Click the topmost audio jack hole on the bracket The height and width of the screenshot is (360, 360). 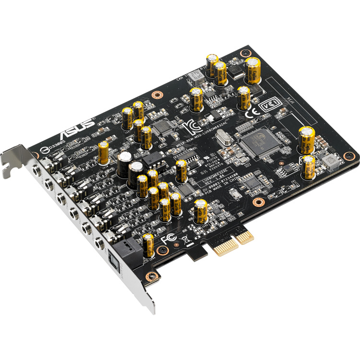tap(36, 169)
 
